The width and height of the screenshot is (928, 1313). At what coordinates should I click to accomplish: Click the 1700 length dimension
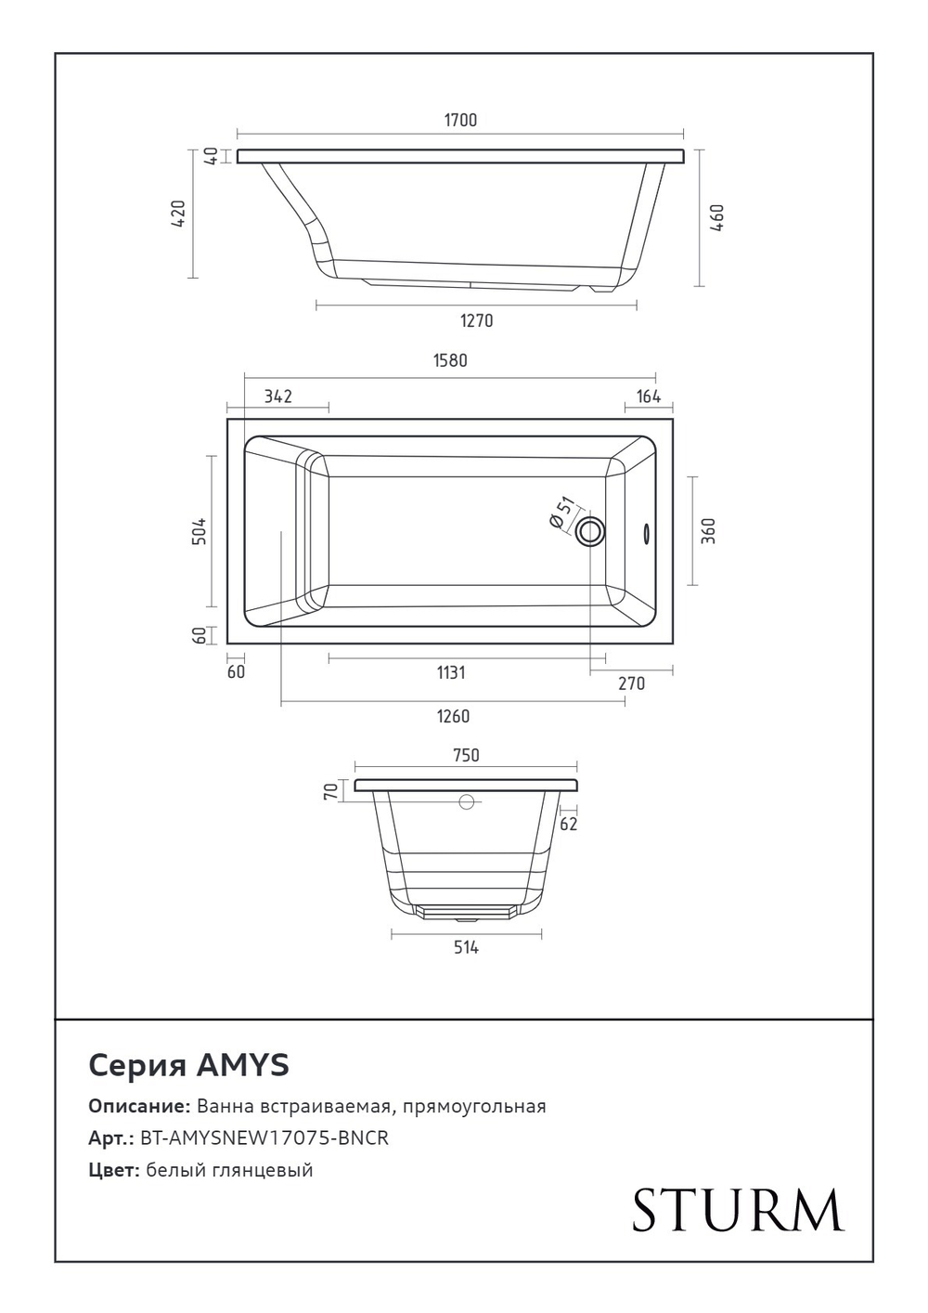tap(460, 120)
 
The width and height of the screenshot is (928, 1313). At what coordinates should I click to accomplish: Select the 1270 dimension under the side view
tap(476, 321)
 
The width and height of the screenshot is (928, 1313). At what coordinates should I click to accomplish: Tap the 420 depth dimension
tap(179, 214)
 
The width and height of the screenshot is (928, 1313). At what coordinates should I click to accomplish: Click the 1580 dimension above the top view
tap(450, 360)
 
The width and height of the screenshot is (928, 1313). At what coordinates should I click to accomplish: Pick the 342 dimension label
tap(277, 396)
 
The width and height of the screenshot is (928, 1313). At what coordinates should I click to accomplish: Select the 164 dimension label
tap(648, 397)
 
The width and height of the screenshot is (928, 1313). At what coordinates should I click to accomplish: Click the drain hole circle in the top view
tap(590, 532)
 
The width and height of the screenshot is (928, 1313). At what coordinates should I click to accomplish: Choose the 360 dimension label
tap(709, 531)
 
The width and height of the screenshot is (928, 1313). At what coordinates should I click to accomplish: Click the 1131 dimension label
tap(451, 672)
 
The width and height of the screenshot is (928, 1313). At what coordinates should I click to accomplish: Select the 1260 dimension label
tap(453, 716)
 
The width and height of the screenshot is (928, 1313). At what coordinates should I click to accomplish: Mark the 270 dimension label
tap(631, 683)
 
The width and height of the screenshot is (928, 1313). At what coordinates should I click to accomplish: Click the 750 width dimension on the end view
tap(466, 756)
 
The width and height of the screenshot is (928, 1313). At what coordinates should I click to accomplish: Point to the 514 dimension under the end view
tap(466, 948)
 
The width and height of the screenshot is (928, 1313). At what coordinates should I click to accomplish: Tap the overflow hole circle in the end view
tap(467, 801)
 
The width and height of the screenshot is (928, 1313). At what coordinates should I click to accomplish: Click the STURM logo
tap(738, 1210)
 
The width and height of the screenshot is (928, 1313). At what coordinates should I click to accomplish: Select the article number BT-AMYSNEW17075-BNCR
tap(264, 1138)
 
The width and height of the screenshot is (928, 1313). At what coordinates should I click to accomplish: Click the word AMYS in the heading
tap(242, 1065)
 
